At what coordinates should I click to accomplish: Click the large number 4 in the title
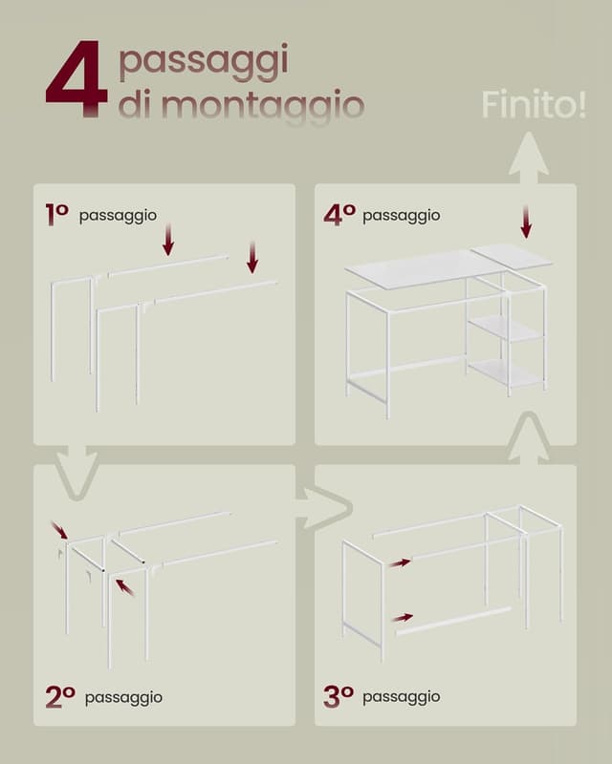76,79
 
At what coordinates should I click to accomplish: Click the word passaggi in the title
203,62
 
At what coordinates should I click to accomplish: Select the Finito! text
534,105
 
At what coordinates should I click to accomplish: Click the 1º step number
56,215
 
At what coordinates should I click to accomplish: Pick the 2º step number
59,696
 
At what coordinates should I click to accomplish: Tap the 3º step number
339,696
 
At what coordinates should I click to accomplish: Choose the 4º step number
339,215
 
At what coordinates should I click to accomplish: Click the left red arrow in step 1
168,240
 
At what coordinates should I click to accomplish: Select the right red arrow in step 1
252,257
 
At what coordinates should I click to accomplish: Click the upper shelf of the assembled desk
506,330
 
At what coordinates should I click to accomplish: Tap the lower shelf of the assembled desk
506,373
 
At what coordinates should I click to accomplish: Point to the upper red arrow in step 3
400,562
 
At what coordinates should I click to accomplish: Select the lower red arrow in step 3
402,618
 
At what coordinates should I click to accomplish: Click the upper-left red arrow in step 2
59,530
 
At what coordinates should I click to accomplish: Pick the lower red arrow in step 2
125,586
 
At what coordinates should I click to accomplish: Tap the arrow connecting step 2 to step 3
323,507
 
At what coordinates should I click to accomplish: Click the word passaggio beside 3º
402,697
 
